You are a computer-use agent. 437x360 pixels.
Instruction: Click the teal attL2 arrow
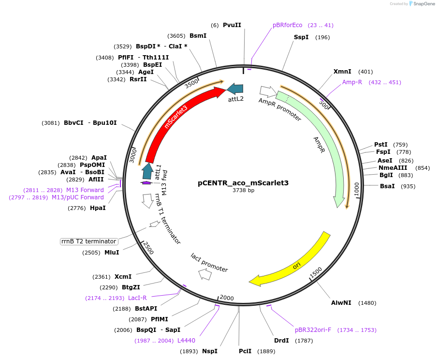(x=235, y=89)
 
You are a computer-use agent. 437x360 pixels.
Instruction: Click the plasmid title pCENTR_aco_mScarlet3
(x=243, y=183)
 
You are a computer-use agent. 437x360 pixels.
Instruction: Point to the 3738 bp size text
(x=243, y=191)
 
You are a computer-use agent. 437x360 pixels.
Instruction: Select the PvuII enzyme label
(x=232, y=25)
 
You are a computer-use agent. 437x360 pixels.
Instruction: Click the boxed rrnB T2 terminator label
(x=89, y=241)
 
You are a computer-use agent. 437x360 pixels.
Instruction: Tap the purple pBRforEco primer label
(x=287, y=25)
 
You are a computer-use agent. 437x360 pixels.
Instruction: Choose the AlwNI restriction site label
(x=341, y=303)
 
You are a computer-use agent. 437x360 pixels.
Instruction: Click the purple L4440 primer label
(x=186, y=341)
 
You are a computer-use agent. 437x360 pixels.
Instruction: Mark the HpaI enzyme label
(x=98, y=208)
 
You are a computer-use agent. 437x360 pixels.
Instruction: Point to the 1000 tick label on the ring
(x=356, y=189)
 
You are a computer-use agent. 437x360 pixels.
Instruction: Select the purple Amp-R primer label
(x=352, y=82)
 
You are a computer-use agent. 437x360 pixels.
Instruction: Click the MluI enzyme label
(x=112, y=253)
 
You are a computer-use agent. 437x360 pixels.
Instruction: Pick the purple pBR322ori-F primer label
(x=313, y=330)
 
